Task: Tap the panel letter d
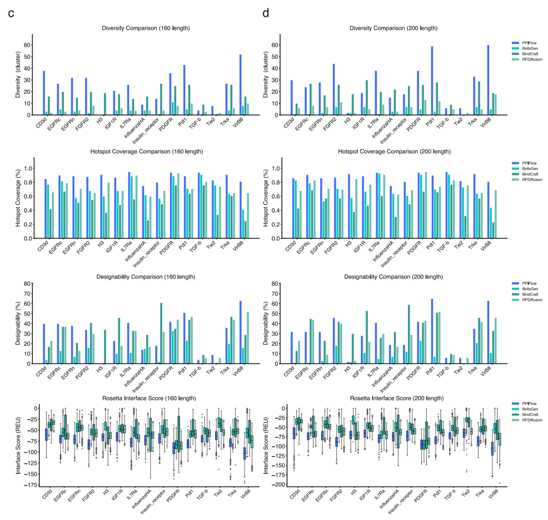265,14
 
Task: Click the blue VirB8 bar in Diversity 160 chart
241,85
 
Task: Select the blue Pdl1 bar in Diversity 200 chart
432,81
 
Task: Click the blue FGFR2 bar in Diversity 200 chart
334,89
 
